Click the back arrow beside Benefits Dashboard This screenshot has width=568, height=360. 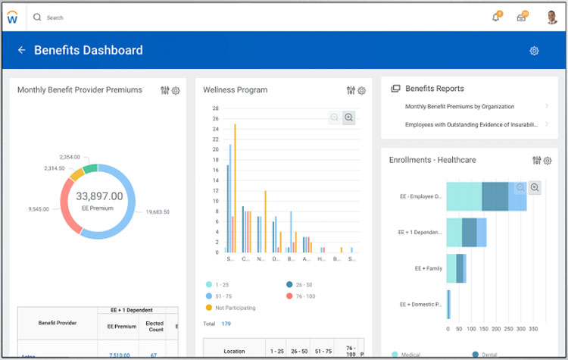[21, 51]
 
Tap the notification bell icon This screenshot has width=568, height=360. [496, 17]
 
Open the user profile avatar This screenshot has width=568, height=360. [552, 17]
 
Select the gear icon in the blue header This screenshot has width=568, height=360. [534, 51]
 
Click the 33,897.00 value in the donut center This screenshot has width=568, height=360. [99, 196]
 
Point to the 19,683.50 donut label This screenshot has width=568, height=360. [157, 212]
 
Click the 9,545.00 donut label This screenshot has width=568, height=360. [38, 208]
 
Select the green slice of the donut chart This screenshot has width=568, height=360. [90, 168]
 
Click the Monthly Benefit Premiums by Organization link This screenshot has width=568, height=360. [459, 107]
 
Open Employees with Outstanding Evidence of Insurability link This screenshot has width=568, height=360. [471, 124]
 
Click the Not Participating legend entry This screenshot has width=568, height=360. [234, 308]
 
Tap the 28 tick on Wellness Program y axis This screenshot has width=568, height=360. [215, 108]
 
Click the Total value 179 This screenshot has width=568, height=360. [226, 324]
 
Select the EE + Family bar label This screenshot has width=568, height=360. [428, 268]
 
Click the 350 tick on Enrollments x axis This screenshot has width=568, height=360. [532, 329]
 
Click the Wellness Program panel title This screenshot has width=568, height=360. [235, 90]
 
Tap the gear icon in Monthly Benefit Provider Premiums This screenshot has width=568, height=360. [176, 91]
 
